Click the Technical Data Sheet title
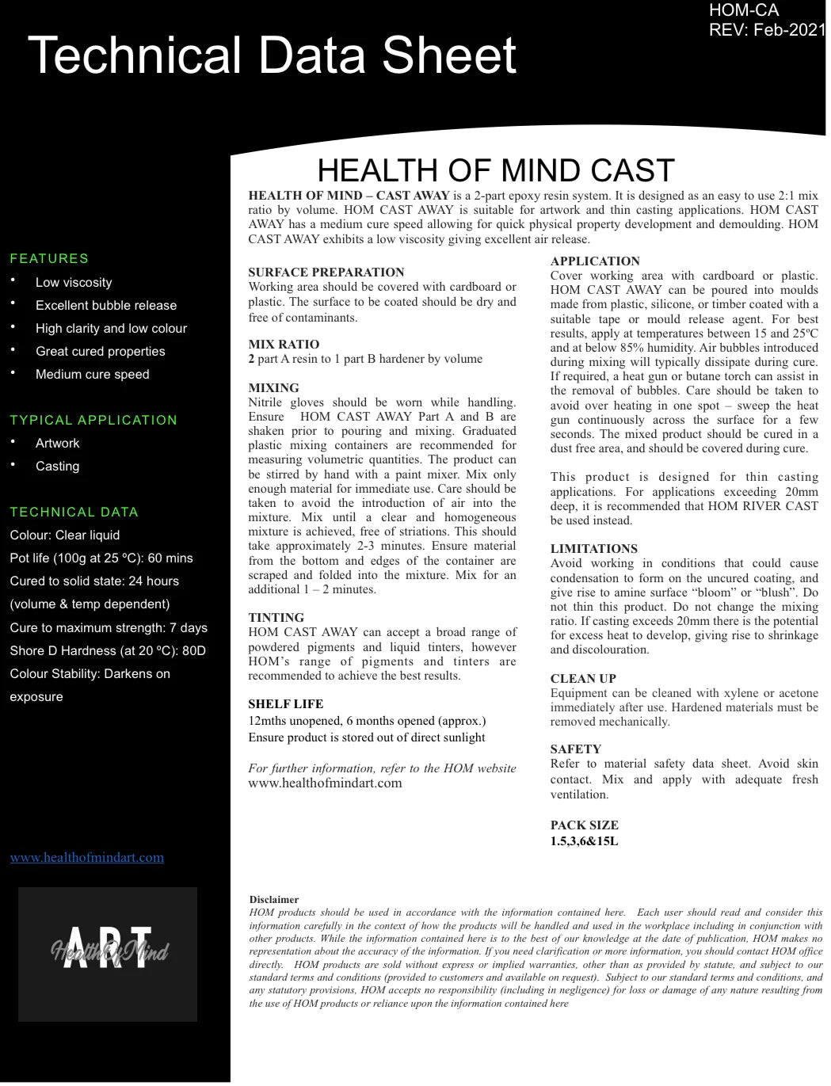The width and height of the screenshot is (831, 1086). pyautogui.click(x=272, y=55)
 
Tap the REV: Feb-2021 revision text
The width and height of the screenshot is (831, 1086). pyautogui.click(x=766, y=30)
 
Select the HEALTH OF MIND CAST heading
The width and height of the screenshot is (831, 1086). pyautogui.click(x=495, y=170)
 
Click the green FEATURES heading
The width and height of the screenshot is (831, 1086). pyautogui.click(x=49, y=258)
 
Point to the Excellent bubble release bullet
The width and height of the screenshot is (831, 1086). pyautogui.click(x=105, y=305)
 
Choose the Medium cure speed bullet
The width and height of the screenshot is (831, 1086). pyautogui.click(x=92, y=374)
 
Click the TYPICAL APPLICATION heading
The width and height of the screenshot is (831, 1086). pyautogui.click(x=93, y=420)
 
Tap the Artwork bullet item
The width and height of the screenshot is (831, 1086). pyautogui.click(x=57, y=443)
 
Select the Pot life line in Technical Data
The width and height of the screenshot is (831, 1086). pyautogui.click(x=101, y=558)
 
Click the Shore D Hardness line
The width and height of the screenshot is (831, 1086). pyautogui.click(x=108, y=650)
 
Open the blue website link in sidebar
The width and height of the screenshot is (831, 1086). pyautogui.click(x=87, y=857)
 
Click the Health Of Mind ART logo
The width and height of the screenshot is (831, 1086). pyautogui.click(x=108, y=954)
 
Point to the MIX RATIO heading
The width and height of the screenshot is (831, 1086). pyautogui.click(x=284, y=345)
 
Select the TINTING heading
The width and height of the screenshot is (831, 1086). pyautogui.click(x=276, y=618)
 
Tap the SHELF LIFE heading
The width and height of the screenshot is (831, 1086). pyautogui.click(x=285, y=703)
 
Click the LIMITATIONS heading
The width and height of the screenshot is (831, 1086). pyautogui.click(x=593, y=548)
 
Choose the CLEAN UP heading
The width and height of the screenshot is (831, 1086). pyautogui.click(x=583, y=678)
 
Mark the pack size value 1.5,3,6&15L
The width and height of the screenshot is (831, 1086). pyautogui.click(x=584, y=841)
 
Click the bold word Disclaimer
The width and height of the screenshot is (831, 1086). pyautogui.click(x=273, y=899)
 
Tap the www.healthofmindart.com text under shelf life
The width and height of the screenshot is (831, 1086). pyautogui.click(x=325, y=783)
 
